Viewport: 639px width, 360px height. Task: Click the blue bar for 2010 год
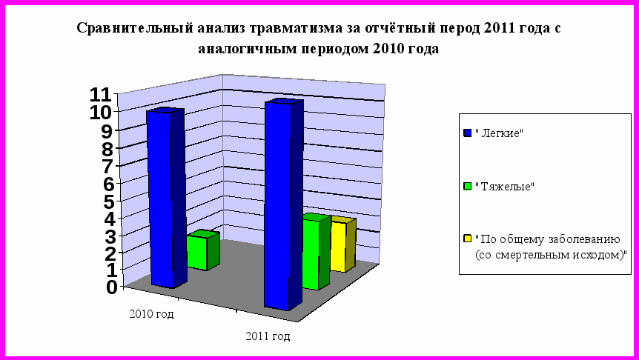point(165,198)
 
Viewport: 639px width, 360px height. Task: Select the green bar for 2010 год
point(203,250)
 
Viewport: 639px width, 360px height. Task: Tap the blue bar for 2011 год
point(284,204)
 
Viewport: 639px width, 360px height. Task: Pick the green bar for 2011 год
point(317,252)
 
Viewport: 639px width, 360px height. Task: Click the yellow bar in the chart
point(343,244)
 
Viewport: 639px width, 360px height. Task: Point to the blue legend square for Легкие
point(468,133)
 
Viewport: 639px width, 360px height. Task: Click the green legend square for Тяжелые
point(468,186)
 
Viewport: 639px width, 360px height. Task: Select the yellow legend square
point(468,239)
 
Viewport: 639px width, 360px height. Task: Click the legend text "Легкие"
point(499,133)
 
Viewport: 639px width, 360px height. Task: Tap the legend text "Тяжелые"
point(505,187)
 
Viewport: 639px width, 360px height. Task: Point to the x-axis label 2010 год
point(152,314)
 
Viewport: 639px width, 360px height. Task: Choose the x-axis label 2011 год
point(268,336)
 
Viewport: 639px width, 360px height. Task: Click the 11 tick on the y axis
point(100,96)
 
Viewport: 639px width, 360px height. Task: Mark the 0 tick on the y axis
point(112,287)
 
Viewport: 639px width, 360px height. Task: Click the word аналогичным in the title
point(247,50)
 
